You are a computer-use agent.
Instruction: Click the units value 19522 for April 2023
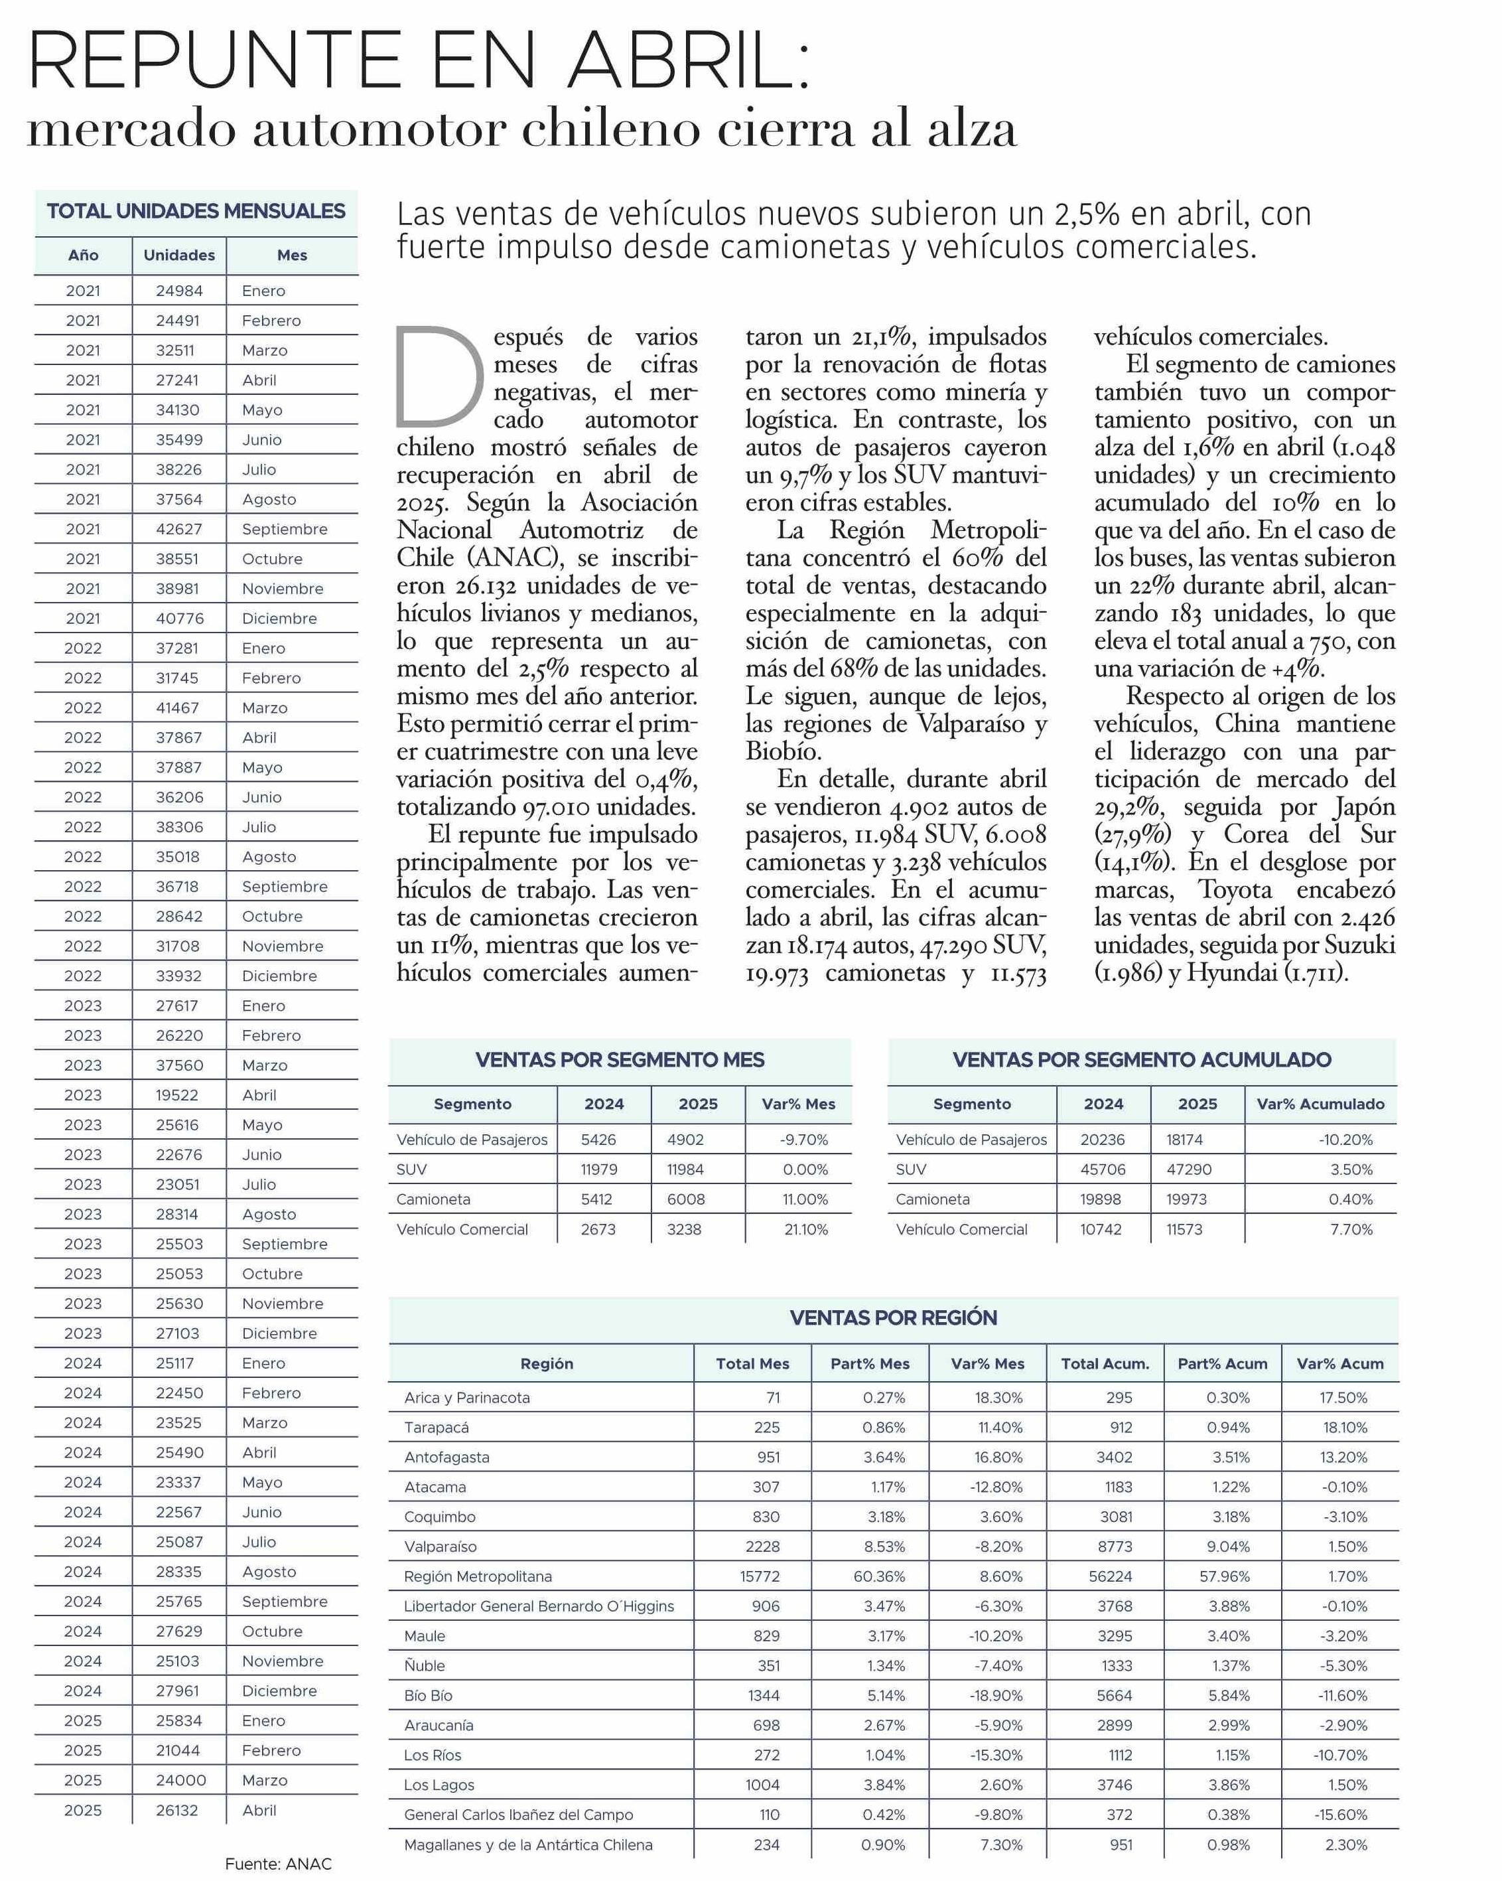pyautogui.click(x=177, y=1095)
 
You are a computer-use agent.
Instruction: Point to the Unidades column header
pyautogui.click(x=179, y=255)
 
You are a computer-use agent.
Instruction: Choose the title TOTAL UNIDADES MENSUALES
pyautogui.click(x=196, y=211)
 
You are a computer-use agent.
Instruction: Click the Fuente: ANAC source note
pyautogui.click(x=278, y=1864)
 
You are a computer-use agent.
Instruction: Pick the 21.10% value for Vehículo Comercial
pyautogui.click(x=805, y=1229)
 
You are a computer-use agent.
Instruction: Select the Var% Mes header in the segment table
pyautogui.click(x=798, y=1104)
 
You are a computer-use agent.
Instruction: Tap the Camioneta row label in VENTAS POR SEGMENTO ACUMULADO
pyautogui.click(x=932, y=1199)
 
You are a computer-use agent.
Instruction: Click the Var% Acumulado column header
pyautogui.click(x=1320, y=1104)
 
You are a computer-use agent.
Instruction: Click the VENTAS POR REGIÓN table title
pyautogui.click(x=893, y=1317)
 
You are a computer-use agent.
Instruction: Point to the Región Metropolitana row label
pyautogui.click(x=478, y=1576)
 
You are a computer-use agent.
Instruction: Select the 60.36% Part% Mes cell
pyautogui.click(x=879, y=1576)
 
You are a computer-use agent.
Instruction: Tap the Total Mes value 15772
pyautogui.click(x=760, y=1576)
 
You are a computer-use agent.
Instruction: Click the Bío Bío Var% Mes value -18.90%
pyautogui.click(x=996, y=1695)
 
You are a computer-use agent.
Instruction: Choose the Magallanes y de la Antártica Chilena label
pyautogui.click(x=527, y=1844)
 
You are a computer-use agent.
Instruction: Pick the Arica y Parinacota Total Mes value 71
pyautogui.click(x=773, y=1398)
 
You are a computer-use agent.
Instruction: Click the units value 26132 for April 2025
pyautogui.click(x=177, y=1811)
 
